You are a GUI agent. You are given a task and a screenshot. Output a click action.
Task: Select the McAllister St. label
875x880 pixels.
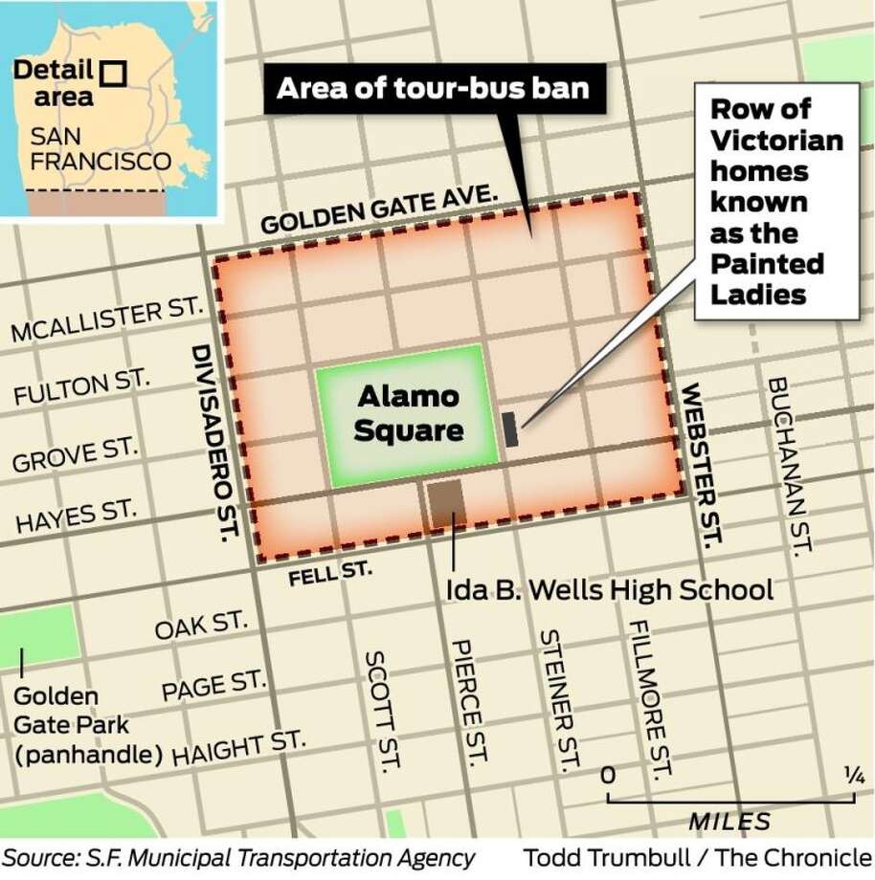pos(108,320)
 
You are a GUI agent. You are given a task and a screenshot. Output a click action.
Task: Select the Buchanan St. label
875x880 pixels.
pos(790,465)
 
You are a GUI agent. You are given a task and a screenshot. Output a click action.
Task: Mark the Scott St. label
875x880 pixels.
pos(380,712)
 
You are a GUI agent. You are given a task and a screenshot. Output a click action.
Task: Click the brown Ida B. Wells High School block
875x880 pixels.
pos(444,503)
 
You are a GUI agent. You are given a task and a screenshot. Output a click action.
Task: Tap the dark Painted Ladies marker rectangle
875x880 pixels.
pos(510,429)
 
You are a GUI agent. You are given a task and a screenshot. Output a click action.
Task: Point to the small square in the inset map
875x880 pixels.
pos(115,73)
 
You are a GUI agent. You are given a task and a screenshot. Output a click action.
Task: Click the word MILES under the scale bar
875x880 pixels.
pos(729,821)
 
